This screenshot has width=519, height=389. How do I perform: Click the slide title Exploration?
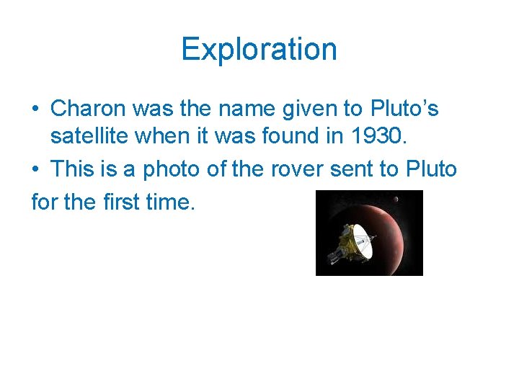pos(259,49)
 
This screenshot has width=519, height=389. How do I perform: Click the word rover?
pos(311,169)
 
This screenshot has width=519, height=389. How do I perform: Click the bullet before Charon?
pos(35,109)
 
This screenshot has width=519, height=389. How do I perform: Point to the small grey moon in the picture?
pos(396,199)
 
